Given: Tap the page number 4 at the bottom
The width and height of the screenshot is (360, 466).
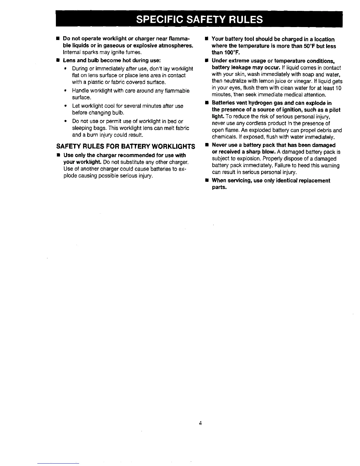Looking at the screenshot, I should click(x=200, y=423).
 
